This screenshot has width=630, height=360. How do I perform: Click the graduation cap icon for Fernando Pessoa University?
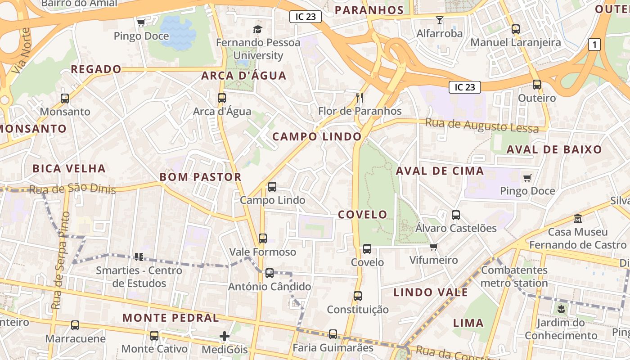257,30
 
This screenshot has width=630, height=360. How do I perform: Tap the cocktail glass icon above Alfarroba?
439,20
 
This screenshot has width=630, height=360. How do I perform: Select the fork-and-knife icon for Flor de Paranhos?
359,97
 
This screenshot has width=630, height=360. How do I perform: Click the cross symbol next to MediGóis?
224,336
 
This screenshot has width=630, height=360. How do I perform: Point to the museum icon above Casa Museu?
577,219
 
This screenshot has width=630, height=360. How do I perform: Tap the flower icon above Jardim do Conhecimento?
561,309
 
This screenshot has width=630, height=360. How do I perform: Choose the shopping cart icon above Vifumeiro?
433,247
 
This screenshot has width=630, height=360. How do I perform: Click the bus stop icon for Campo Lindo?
272,187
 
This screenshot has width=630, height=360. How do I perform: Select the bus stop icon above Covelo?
367,249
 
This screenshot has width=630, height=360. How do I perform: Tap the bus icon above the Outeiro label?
536,85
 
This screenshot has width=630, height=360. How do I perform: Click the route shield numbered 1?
594,45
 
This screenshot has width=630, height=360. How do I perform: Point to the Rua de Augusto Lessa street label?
481,126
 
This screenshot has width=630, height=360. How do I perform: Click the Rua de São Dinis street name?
72,189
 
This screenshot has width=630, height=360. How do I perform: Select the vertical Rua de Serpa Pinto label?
59,261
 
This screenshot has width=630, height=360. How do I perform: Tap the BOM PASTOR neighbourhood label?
200,177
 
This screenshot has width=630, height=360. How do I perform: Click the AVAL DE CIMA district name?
440,171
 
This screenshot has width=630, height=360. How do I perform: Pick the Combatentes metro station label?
514,277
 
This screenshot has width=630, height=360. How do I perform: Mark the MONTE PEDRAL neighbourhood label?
171,318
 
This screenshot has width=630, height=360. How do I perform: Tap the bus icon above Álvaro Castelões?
456,215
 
